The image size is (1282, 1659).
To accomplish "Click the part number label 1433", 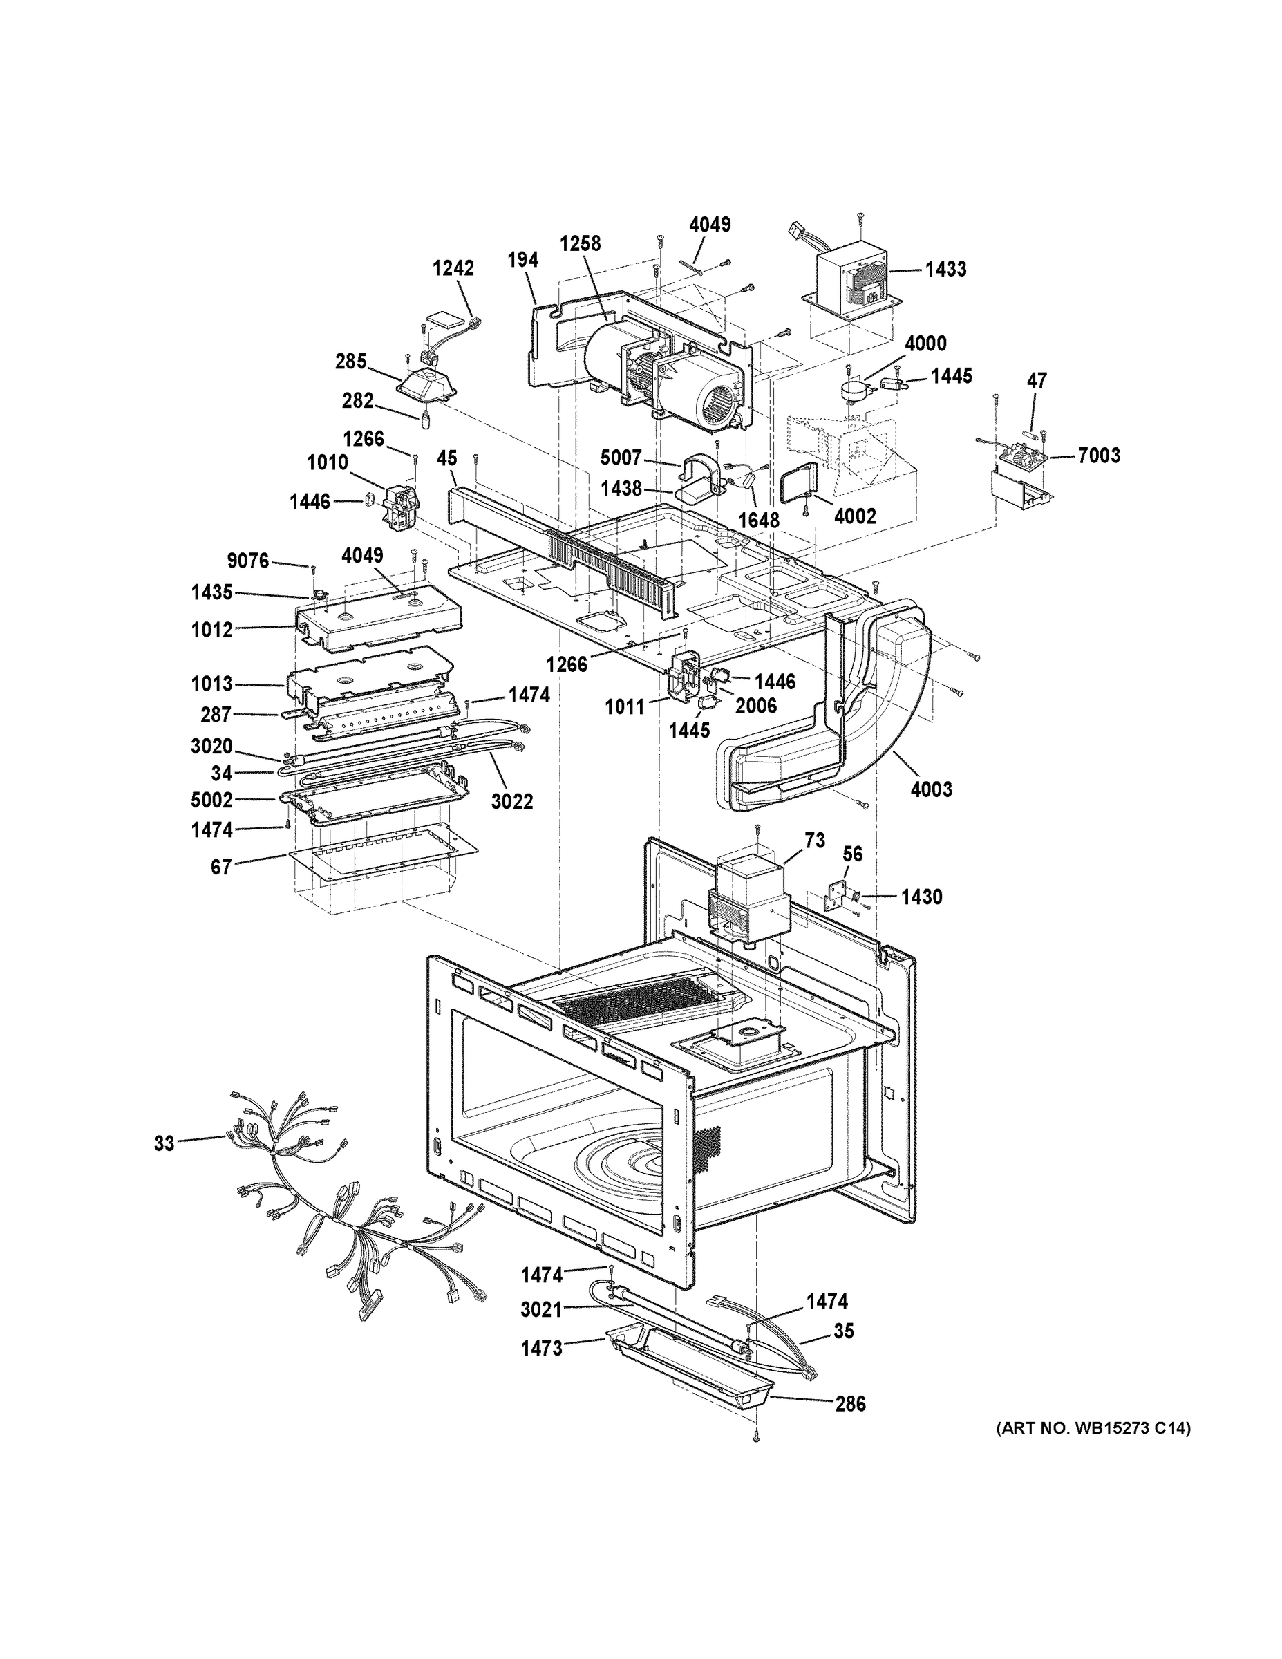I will [x=945, y=269].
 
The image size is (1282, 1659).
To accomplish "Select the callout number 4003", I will [x=931, y=789].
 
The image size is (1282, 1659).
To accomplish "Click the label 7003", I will [x=1099, y=455].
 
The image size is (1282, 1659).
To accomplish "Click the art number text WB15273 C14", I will [x=1093, y=1429].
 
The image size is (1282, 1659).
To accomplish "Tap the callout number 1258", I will [x=581, y=243].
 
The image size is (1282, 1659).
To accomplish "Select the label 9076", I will [x=247, y=561].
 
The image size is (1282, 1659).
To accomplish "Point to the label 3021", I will [x=542, y=1310].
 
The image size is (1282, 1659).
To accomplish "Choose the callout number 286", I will [x=850, y=1404].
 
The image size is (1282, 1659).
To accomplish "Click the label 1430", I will [x=921, y=897].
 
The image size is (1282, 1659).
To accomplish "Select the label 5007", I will [x=621, y=458].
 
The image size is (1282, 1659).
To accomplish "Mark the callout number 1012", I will [x=212, y=630].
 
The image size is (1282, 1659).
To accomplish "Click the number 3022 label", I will [x=512, y=801].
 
